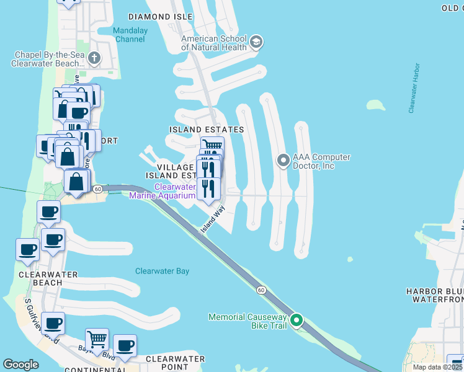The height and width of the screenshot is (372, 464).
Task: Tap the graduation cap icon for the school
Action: (256, 43)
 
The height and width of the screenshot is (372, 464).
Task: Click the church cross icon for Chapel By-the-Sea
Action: (94, 59)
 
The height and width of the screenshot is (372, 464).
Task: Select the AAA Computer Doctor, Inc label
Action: (322, 162)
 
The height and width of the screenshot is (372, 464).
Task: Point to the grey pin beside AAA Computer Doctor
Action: (283, 161)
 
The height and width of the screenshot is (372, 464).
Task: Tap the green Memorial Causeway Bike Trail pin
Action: (297, 321)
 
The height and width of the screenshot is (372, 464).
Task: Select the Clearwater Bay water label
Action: (163, 271)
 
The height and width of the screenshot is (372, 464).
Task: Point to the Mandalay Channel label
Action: (129, 35)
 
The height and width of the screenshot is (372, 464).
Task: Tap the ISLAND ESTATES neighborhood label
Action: (207, 130)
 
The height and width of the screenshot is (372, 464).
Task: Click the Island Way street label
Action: (212, 220)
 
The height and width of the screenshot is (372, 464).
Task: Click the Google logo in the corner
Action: (21, 365)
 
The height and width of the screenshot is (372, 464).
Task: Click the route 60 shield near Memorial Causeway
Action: (261, 290)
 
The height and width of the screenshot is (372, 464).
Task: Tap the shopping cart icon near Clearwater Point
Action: (97, 339)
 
